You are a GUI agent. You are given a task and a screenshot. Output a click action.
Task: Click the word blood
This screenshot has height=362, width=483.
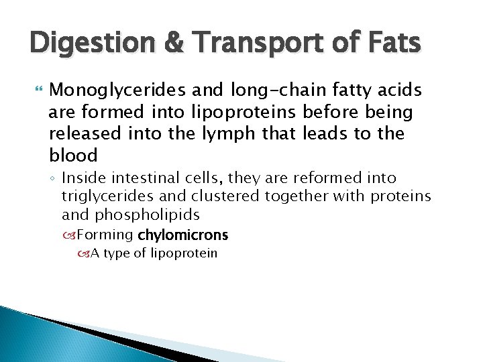pos(73,155)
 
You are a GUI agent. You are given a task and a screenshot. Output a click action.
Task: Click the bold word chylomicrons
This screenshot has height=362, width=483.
pos(182,235)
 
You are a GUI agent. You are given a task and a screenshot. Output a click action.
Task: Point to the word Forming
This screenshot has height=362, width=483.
pos(106,235)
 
